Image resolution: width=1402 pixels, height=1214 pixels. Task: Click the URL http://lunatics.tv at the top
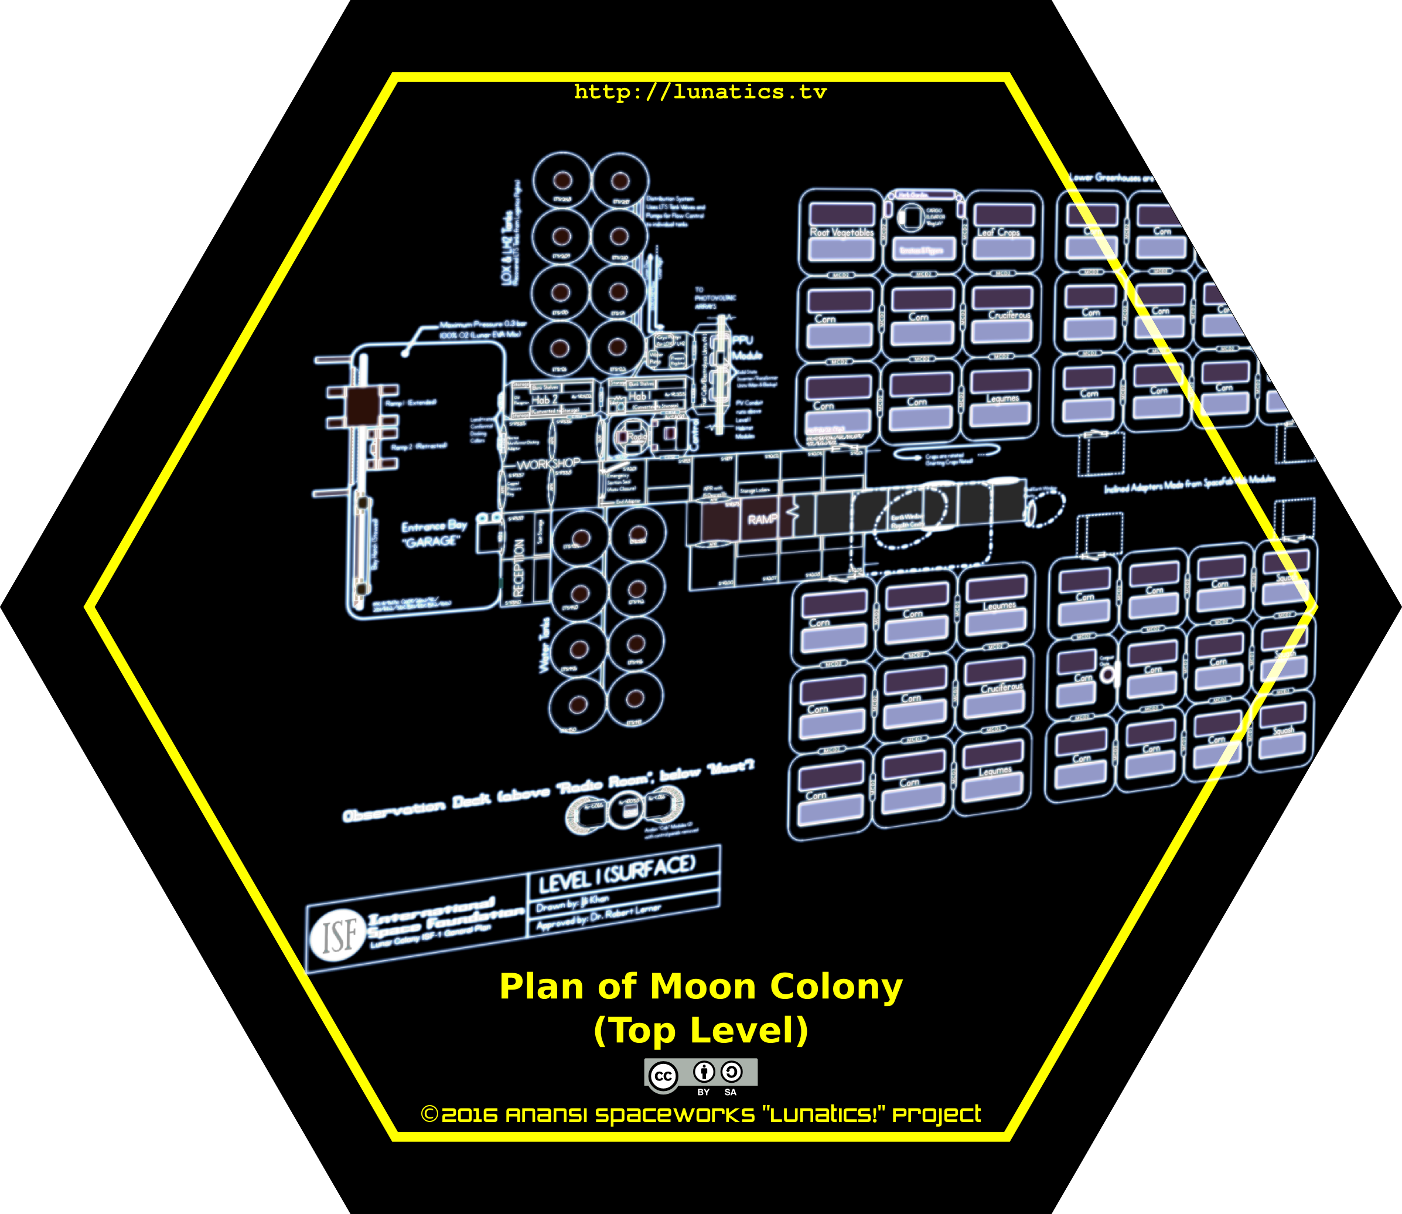700,91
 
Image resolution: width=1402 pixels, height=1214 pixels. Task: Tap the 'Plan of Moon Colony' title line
700,987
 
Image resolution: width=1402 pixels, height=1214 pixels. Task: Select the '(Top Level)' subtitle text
700,1031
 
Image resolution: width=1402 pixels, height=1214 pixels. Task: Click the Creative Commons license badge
700,1075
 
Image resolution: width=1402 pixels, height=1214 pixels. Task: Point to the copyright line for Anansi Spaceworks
700,1114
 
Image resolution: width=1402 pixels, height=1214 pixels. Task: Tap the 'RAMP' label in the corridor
762,519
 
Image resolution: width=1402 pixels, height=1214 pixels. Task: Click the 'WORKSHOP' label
548,464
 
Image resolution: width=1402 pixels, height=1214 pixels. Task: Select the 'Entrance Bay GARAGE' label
433,534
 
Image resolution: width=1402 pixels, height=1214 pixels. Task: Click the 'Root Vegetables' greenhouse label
842,233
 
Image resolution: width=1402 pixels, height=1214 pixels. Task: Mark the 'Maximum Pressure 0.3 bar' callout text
482,329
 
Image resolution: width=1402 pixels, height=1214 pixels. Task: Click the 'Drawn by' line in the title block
573,903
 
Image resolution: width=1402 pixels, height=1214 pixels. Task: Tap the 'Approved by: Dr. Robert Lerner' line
598,916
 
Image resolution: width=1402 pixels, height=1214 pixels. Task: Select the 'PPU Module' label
745,347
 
